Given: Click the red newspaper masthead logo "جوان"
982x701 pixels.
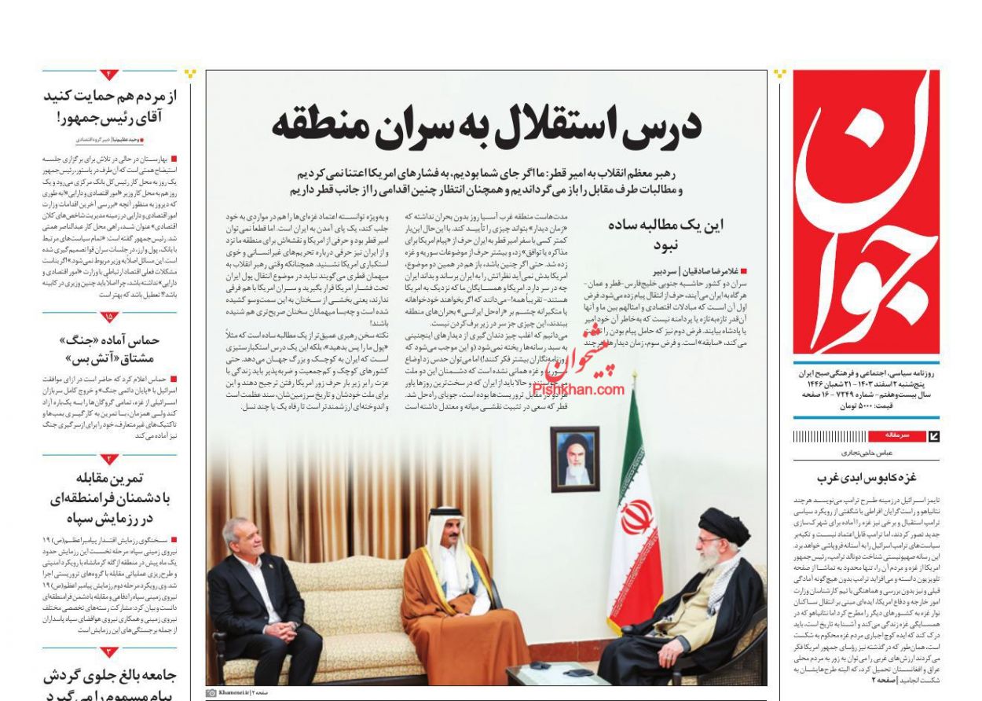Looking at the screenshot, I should click(866, 212).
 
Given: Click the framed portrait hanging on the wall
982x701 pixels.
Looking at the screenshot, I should click(574, 460).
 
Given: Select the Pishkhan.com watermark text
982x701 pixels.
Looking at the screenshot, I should click(578, 390).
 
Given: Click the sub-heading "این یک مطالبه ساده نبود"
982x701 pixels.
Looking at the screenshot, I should click(665, 236).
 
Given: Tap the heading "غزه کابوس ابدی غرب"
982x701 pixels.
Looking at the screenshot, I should click(866, 476).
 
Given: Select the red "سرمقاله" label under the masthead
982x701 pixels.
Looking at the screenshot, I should click(898, 435).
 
